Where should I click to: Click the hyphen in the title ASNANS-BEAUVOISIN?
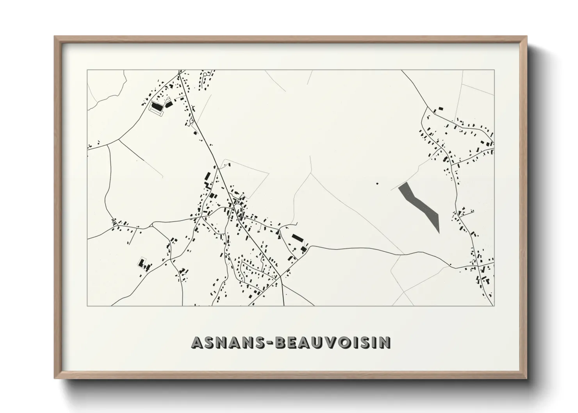tap(271, 343)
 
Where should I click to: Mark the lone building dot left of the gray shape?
tap(377, 183)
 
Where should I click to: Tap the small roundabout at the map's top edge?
tap(179, 73)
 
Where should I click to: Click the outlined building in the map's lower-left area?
tap(141, 262)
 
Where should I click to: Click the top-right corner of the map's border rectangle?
tap(494, 70)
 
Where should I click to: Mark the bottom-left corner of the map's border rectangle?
tap(87, 306)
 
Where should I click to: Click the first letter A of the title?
tap(197, 342)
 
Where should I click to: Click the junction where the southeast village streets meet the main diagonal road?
tap(280, 278)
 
